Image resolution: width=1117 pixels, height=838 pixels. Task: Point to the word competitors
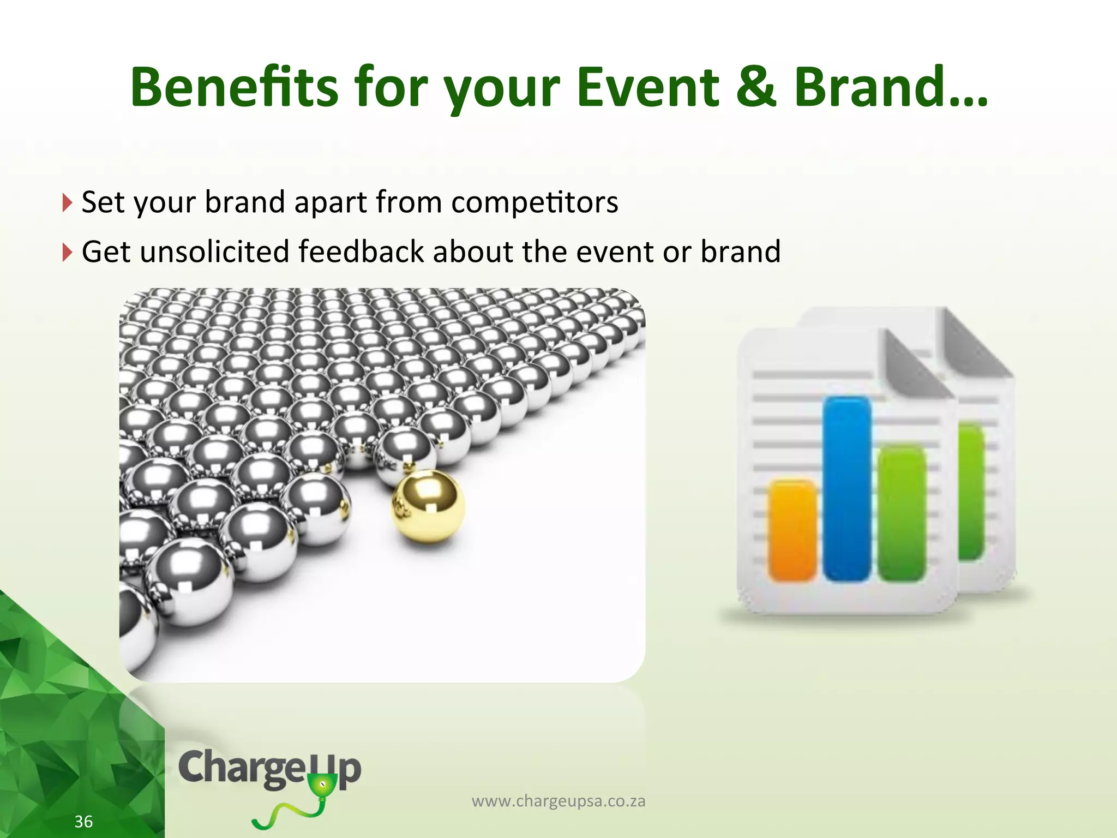pos(535,203)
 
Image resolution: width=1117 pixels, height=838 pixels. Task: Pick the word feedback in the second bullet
pos(361,252)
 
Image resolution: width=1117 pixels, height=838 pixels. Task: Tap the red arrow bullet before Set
pos(67,203)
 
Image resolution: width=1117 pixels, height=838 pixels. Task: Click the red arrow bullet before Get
pos(67,252)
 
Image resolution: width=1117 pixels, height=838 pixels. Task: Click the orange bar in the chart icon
pos(792,530)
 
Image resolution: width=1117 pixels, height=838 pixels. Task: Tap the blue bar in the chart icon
pos(846,488)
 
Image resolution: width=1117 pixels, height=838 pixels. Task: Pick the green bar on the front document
pos(902,513)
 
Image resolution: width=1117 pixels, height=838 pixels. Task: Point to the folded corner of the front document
pos(912,360)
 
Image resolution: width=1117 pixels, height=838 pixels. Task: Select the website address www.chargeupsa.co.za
pos(558,801)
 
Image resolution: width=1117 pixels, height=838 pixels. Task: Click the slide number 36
pos(83,821)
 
